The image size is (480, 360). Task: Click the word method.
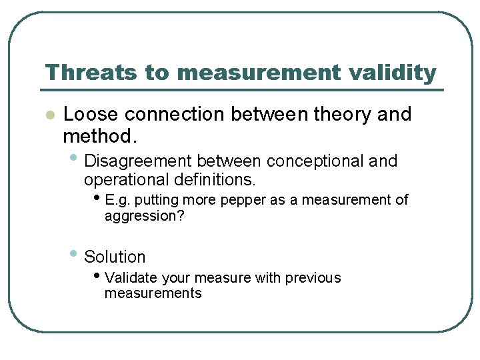[x=99, y=137]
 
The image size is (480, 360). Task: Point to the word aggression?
[x=144, y=216]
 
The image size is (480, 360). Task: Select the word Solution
[x=115, y=257]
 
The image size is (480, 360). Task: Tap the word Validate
[x=132, y=277]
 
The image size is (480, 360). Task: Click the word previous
[x=313, y=277]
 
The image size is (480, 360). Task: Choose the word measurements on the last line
[x=153, y=293]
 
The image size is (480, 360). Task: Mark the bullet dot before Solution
[x=75, y=254]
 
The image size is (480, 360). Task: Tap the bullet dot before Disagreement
[x=75, y=159]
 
